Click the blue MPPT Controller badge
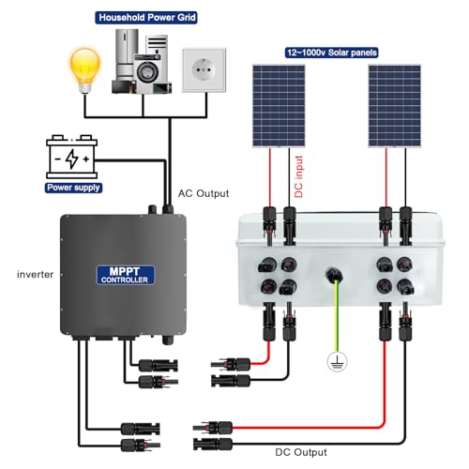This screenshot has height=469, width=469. [126, 275]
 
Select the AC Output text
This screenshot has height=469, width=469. [204, 193]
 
